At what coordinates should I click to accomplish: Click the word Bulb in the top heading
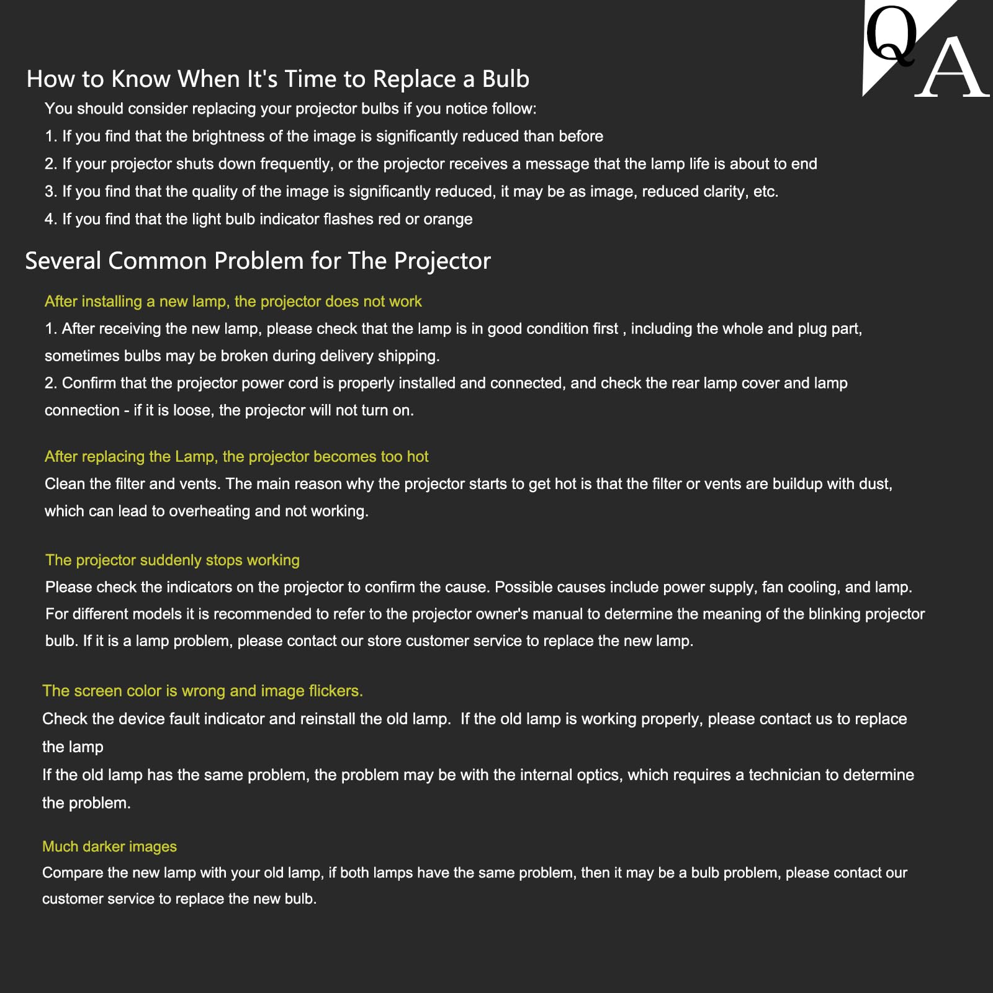(x=505, y=79)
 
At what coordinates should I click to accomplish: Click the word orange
(x=447, y=219)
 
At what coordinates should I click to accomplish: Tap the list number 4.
(x=50, y=219)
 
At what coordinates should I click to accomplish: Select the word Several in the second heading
(x=63, y=261)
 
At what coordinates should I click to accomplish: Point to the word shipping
(x=409, y=356)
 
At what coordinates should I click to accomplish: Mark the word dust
(x=875, y=484)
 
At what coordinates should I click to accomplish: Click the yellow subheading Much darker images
(x=109, y=847)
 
